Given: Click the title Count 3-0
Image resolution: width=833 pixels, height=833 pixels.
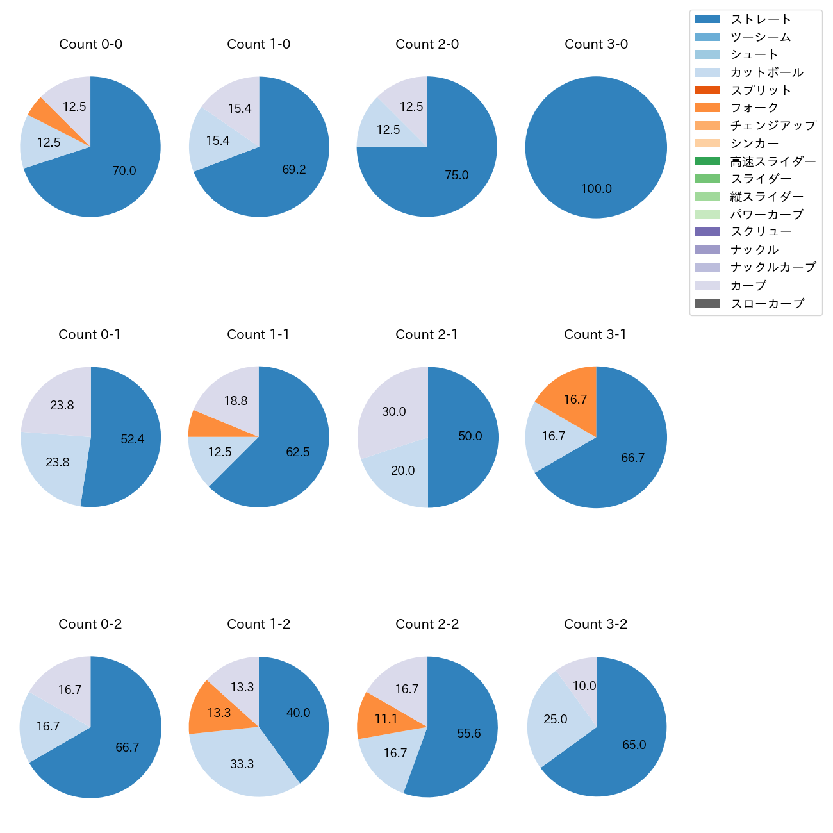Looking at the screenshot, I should (x=596, y=44).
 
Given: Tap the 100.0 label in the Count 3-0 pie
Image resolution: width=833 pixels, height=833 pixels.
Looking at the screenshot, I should (x=596, y=189).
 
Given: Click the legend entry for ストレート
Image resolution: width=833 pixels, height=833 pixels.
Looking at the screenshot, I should (x=761, y=19).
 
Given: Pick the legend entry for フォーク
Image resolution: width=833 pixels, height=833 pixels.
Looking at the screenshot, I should (x=754, y=108).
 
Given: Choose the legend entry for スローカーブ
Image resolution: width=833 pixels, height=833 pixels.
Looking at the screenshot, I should (x=767, y=304).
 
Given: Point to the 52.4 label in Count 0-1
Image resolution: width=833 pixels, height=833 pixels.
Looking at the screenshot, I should (x=133, y=440).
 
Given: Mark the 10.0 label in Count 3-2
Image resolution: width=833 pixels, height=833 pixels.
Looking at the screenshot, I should (x=584, y=686).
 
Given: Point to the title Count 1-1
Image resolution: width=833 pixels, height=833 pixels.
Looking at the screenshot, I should (x=258, y=334).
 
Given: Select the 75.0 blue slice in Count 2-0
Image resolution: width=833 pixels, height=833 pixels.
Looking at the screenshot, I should (x=457, y=175).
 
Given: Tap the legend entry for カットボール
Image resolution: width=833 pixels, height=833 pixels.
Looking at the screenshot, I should (x=766, y=72).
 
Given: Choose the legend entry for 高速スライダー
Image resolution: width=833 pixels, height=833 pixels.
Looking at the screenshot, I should (x=773, y=161).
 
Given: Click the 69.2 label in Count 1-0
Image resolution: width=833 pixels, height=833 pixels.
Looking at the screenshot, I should (x=293, y=170).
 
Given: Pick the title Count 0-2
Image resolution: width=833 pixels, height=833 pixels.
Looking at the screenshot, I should (x=90, y=624).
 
